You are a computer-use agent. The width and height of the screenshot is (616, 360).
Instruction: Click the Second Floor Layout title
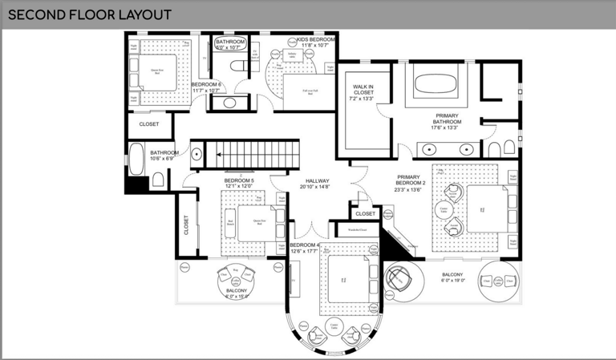point(90,14)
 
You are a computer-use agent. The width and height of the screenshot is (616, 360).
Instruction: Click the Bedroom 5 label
point(239,181)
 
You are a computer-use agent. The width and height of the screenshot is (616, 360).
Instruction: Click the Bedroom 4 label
point(305,245)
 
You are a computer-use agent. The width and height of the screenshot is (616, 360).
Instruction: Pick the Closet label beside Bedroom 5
point(187,225)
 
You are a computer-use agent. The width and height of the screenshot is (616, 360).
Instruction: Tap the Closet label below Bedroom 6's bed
point(149,124)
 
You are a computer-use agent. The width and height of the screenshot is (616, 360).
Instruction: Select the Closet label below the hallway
point(365,214)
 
